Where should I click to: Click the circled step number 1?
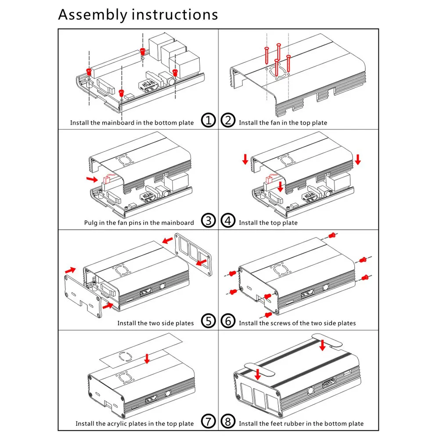209,120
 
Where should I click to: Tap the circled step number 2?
228,120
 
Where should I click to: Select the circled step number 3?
209,220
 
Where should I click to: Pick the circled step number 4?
228,220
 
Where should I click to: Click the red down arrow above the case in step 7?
147,359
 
